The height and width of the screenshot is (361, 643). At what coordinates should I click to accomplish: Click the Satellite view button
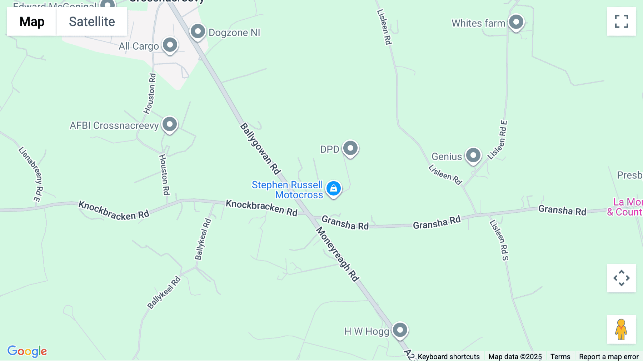coord(92,22)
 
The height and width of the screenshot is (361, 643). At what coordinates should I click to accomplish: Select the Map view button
coord(32,22)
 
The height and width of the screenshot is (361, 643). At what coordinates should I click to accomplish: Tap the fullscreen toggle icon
coord(621,21)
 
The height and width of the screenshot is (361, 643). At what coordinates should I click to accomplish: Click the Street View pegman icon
coord(621,330)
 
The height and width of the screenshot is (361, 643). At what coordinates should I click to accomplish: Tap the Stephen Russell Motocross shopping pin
coord(333,188)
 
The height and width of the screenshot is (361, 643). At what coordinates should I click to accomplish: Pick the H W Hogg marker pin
coord(400,330)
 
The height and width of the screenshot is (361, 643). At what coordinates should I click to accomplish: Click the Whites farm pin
coord(516,23)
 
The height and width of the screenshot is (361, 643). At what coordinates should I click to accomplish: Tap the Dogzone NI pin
coord(198,32)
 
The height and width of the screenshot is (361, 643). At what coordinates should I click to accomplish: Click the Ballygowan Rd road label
coord(260,149)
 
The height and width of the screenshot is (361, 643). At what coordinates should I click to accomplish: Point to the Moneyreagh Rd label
coord(338,254)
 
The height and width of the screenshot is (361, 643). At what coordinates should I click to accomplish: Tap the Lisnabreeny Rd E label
coord(31,174)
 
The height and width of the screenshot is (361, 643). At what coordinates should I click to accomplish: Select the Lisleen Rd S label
coord(499,240)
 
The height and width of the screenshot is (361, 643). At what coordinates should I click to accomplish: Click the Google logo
coord(27,351)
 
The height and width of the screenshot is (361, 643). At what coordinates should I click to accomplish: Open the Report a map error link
coord(609,356)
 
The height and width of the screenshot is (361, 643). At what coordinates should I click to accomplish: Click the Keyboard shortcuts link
coord(449,356)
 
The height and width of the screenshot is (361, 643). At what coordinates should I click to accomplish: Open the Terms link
coord(560,356)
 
